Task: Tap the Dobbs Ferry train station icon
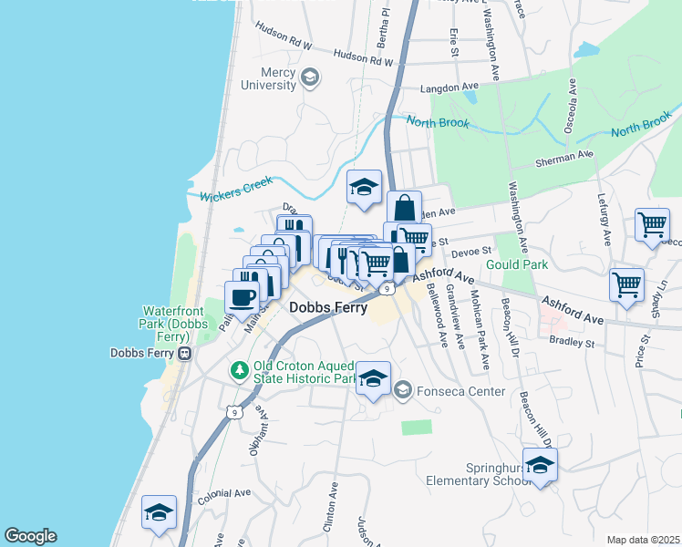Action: (x=185, y=353)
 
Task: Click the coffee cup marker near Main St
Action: (x=242, y=297)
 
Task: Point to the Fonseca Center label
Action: (x=460, y=392)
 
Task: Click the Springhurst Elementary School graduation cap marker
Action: (x=541, y=465)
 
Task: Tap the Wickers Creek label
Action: (x=223, y=194)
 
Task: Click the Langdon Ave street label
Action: (x=449, y=88)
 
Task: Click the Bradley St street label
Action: (x=572, y=344)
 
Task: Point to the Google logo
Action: (x=30, y=536)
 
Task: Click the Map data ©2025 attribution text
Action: (x=643, y=540)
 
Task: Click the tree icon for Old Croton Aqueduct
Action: (x=239, y=370)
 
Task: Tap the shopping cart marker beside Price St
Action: (x=626, y=284)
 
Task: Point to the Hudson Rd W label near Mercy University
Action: (x=363, y=57)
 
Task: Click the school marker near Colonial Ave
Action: (x=159, y=514)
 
